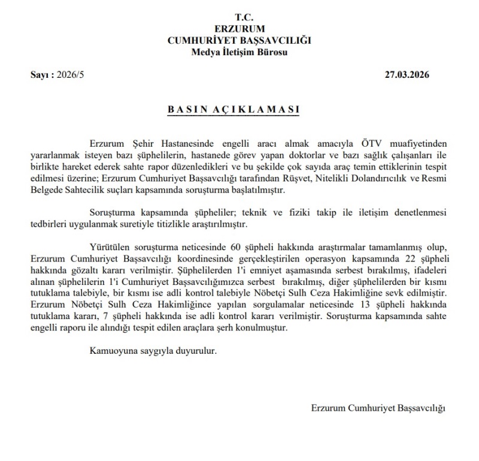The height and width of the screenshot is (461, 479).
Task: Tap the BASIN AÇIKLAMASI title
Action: [239, 110]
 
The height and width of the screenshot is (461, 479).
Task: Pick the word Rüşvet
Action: [294, 179]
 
